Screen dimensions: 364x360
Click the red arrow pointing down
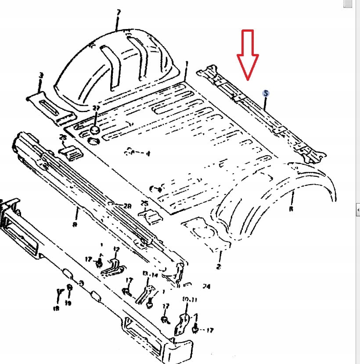pos(248,55)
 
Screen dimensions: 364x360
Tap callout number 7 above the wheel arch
pos(118,12)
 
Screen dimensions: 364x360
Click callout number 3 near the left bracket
pos(41,76)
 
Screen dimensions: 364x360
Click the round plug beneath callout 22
pos(95,130)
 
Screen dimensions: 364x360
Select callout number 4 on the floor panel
pos(148,153)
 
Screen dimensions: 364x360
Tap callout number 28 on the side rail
pos(127,206)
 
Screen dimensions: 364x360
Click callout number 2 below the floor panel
pos(219,266)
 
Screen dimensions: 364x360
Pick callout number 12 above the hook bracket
pos(116,249)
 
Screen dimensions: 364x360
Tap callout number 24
pos(206,287)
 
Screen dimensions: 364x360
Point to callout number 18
pos(56,309)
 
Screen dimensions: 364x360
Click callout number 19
pos(68,303)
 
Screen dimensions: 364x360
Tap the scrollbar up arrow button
pos(347,4)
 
